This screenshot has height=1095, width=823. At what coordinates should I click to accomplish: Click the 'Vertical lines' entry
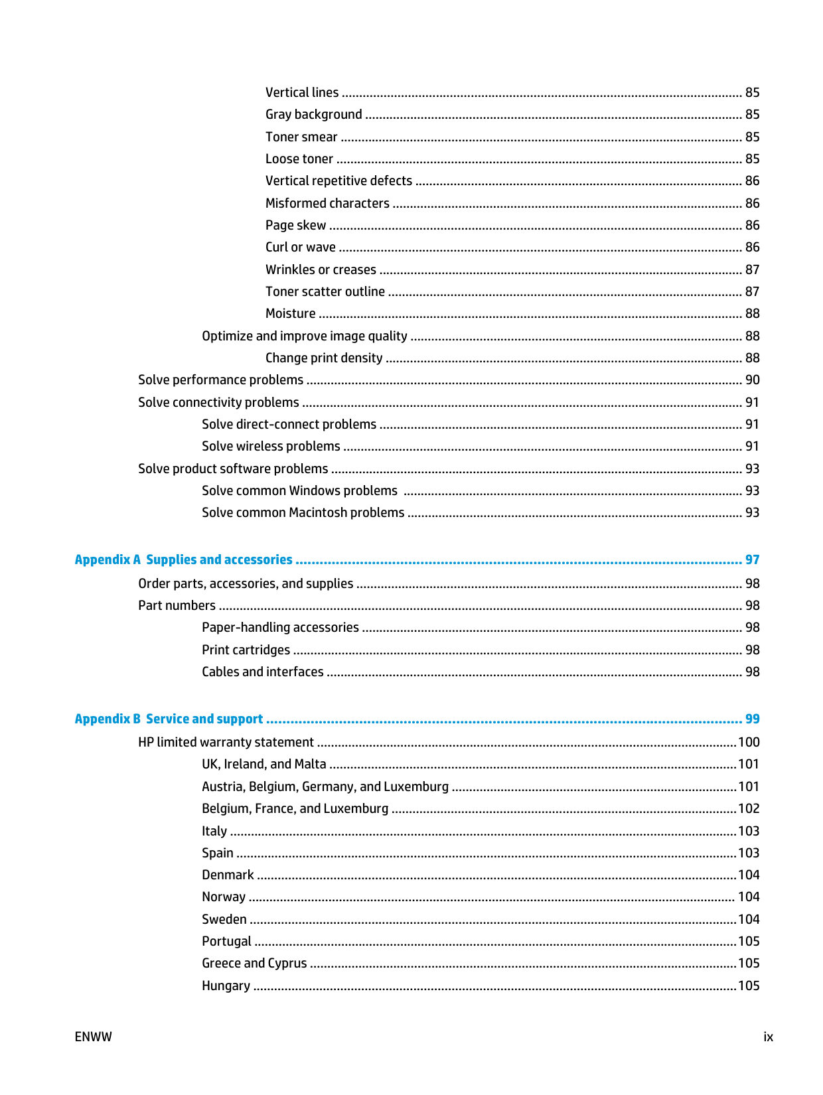(x=302, y=92)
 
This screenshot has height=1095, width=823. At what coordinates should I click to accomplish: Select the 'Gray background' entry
(x=314, y=114)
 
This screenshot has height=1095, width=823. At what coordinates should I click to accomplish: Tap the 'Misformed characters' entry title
(x=327, y=203)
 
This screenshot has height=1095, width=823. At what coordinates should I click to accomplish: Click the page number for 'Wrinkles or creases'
(x=752, y=269)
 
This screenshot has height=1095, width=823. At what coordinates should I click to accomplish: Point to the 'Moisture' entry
(x=291, y=313)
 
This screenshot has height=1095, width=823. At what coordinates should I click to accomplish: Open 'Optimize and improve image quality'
(x=305, y=336)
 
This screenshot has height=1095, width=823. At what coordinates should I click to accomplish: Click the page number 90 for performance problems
(x=752, y=380)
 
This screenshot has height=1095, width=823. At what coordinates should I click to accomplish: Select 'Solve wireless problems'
(x=271, y=446)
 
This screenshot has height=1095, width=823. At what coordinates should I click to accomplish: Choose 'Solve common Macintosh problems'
(x=303, y=512)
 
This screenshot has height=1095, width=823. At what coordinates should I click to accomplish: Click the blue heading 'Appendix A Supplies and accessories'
(x=183, y=559)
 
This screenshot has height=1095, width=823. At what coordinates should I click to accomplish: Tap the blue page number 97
(x=752, y=559)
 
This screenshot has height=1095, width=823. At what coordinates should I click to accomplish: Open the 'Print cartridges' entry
(x=246, y=650)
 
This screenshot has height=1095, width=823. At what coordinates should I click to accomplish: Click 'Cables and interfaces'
(x=263, y=672)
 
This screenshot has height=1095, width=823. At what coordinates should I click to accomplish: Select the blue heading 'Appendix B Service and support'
(x=169, y=719)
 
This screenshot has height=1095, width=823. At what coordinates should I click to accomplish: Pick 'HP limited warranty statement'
(x=226, y=742)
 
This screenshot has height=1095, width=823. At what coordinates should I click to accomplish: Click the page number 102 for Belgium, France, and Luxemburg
(x=749, y=808)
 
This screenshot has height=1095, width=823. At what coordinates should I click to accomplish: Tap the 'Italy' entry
(x=214, y=831)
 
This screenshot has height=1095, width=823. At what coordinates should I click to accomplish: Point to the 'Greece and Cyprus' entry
(x=254, y=963)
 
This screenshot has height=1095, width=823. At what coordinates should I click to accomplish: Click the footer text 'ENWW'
(x=94, y=1037)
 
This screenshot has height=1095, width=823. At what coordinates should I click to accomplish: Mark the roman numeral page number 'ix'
(x=768, y=1037)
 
